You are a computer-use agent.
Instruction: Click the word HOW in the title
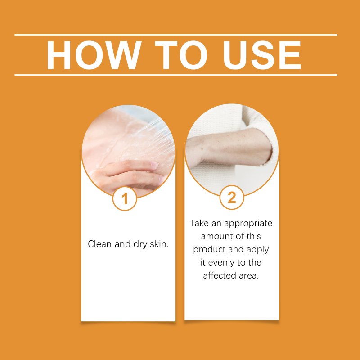tap(94, 55)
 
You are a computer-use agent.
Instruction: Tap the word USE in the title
tap(262, 55)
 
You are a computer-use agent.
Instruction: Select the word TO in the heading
tap(181, 55)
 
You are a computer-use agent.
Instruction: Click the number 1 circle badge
tap(125, 198)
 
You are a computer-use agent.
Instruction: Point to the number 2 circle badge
tap(232, 198)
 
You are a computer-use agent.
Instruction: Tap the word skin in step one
tap(159, 244)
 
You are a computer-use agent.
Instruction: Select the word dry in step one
tap(140, 244)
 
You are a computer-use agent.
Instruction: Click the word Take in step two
tap(199, 223)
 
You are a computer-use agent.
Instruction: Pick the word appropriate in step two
tap(248, 224)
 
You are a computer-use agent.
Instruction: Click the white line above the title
tap(176, 35)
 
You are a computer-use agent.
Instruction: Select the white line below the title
tap(176, 75)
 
